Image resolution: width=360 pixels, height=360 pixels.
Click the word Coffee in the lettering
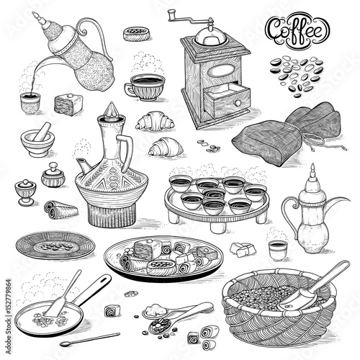(297, 30)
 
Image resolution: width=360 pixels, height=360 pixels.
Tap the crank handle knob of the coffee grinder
(172, 14)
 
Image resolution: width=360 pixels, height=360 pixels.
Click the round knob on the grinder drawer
(238, 103)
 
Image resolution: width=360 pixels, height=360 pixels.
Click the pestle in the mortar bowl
(42, 131)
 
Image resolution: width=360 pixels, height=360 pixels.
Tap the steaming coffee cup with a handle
(145, 88)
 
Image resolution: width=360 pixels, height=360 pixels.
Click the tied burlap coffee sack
(287, 134)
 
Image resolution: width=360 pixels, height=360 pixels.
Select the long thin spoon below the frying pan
(90, 339)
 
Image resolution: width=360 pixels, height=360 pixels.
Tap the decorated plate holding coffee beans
(55, 245)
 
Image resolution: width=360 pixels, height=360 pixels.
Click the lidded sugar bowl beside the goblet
(53, 175)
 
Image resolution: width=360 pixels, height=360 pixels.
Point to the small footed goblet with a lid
(25, 192)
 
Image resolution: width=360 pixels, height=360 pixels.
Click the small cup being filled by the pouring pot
(30, 104)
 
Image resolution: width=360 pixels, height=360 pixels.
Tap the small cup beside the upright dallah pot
(278, 251)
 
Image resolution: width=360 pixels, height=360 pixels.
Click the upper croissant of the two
(155, 121)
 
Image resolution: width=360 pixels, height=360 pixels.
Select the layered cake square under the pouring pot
(68, 104)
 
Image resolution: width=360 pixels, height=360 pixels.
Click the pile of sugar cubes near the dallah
(243, 249)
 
